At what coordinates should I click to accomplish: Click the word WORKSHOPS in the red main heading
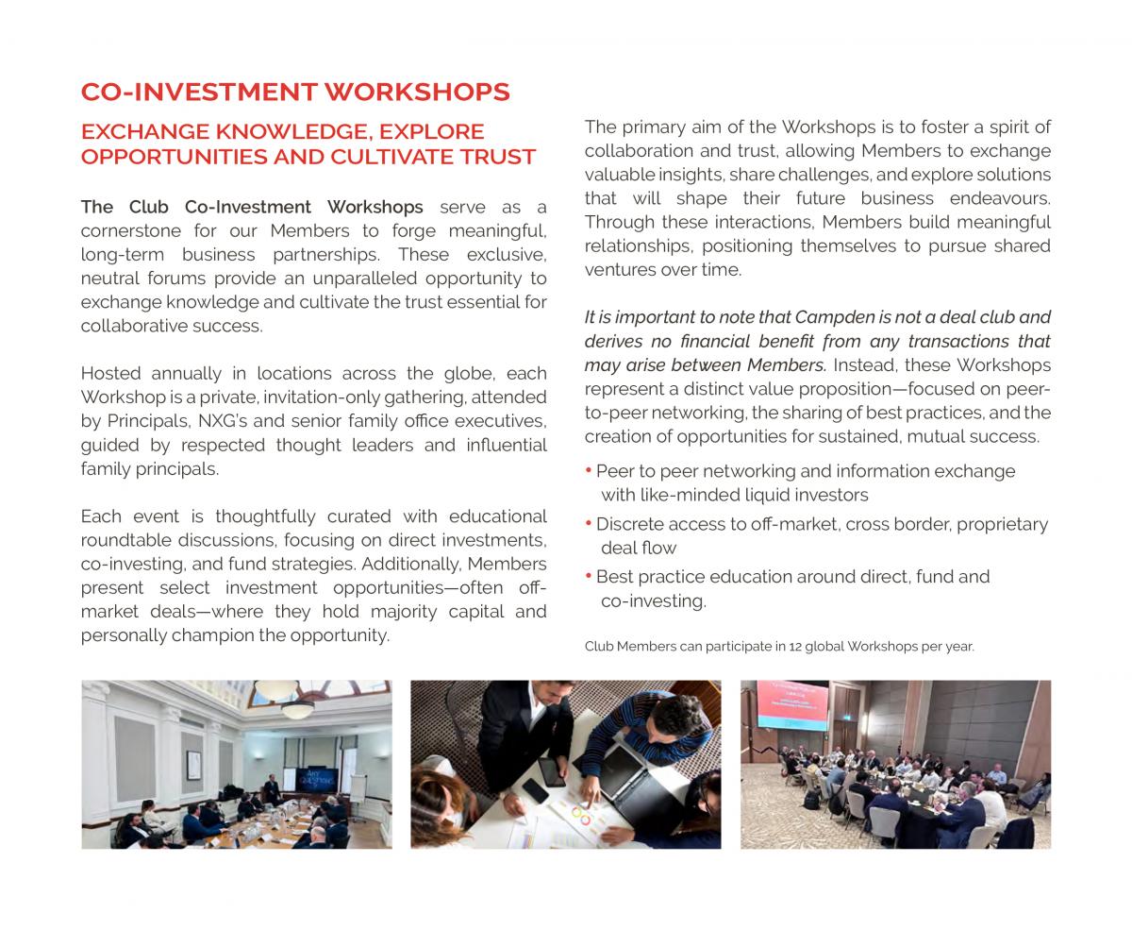[x=417, y=92]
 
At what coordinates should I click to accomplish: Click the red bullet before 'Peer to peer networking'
[x=589, y=469]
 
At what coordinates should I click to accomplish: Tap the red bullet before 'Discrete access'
[x=589, y=522]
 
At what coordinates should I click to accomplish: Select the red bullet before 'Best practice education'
[x=589, y=575]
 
